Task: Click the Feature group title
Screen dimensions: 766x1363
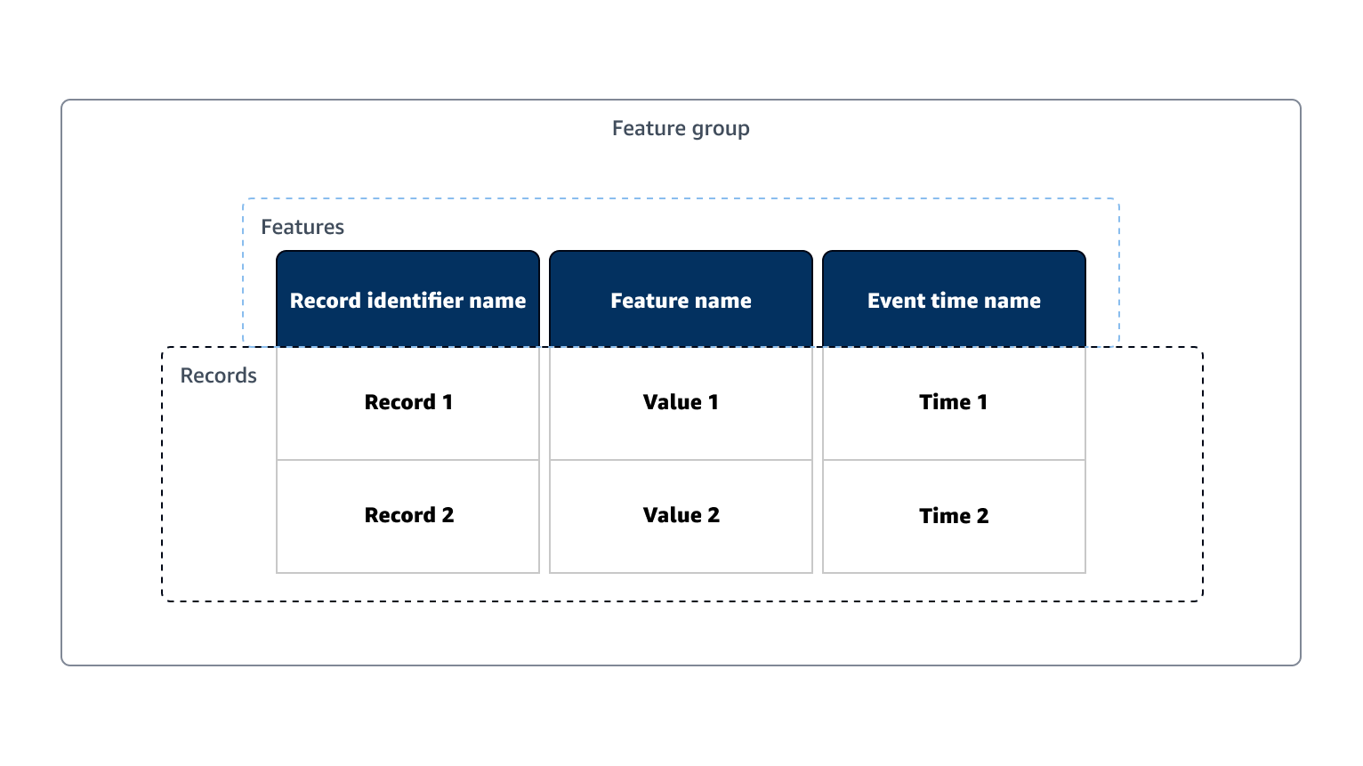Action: pyautogui.click(x=681, y=129)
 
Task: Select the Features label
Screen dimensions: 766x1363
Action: pyautogui.click(x=302, y=228)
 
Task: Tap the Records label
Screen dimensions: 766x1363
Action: pyautogui.click(x=218, y=376)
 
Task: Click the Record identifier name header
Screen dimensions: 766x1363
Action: pyautogui.click(x=407, y=301)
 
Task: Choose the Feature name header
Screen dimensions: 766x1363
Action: pyautogui.click(x=681, y=301)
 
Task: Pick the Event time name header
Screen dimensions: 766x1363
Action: pyautogui.click(x=954, y=301)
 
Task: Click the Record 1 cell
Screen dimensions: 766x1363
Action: pyautogui.click(x=408, y=402)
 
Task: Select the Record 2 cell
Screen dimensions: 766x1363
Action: pyautogui.click(x=408, y=515)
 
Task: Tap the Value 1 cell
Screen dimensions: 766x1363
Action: pyautogui.click(x=681, y=402)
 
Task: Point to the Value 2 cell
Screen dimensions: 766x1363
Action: pyautogui.click(x=681, y=515)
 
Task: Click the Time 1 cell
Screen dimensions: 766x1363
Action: pyautogui.click(x=954, y=402)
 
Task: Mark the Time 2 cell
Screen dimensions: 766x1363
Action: pyautogui.click(x=954, y=516)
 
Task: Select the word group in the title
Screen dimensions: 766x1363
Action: pyautogui.click(x=721, y=130)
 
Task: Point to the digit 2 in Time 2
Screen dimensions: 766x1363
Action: pyautogui.click(x=982, y=516)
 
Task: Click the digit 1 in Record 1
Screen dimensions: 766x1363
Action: pyautogui.click(x=448, y=402)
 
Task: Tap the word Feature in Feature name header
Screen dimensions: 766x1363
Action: pyautogui.click(x=649, y=301)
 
